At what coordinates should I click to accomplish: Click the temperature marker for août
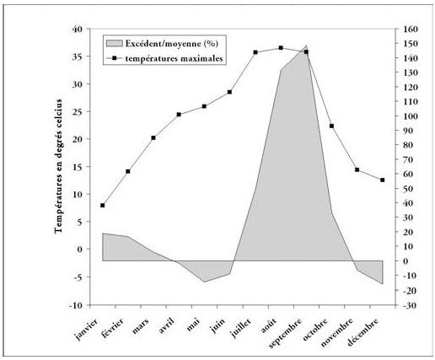[281, 48]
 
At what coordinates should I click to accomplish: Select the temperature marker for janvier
[102, 206]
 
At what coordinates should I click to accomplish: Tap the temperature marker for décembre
[383, 180]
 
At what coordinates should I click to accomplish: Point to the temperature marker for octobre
[331, 126]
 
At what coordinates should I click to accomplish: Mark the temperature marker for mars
[153, 137]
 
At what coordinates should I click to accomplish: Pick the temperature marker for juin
[229, 92]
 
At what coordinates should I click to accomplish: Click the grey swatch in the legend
[115, 43]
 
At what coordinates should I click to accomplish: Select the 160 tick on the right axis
[411, 29]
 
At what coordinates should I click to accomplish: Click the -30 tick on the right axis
[411, 305]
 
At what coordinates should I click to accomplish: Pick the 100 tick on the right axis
[411, 116]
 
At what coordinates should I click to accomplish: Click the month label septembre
[285, 333]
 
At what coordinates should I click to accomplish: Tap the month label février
[113, 327]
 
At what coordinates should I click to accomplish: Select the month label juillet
[240, 328]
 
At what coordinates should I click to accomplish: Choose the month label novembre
[336, 332]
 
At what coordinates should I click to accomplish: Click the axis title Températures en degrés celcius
[59, 166]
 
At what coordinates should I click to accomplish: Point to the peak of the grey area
[306, 46]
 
